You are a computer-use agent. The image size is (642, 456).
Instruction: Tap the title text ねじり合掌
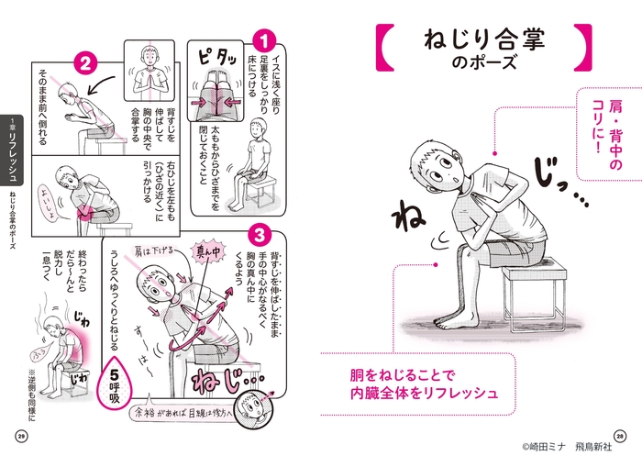(x=484, y=41)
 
